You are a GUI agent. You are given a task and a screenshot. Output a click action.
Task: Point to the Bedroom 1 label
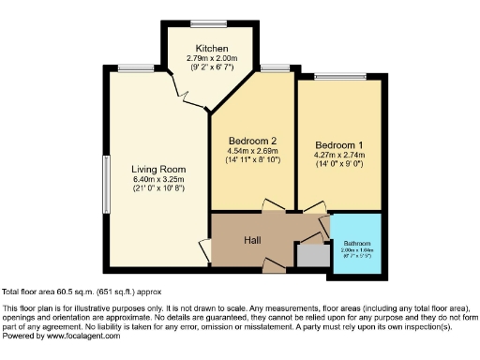[338, 144]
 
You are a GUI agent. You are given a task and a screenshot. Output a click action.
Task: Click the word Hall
[253, 241]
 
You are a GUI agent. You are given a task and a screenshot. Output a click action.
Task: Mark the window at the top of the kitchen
[203, 23]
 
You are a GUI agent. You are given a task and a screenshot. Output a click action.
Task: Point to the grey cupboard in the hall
[307, 255]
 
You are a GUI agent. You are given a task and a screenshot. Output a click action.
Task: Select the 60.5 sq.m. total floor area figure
[77, 292]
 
